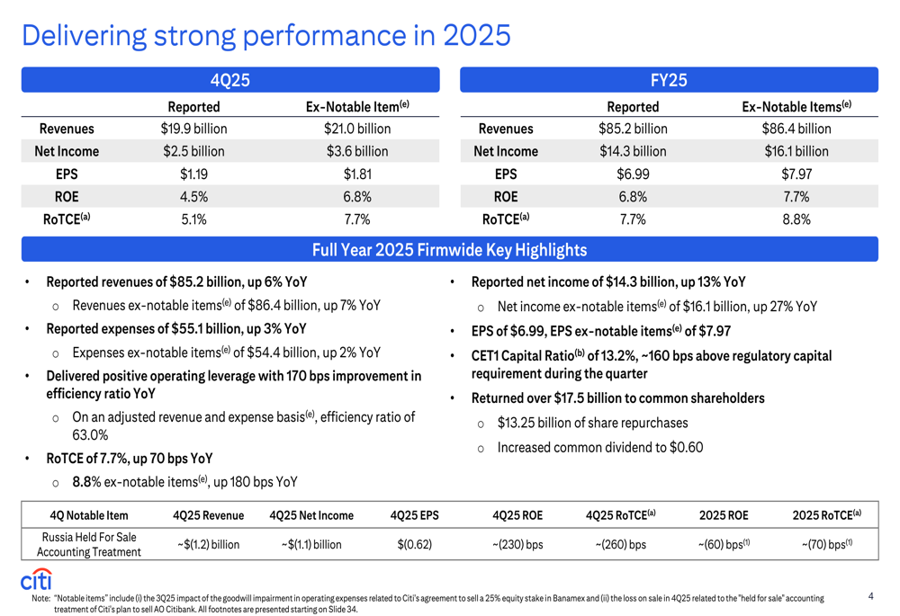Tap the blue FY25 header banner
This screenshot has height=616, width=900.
pyautogui.click(x=669, y=80)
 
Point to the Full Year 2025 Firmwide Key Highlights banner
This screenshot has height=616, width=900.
pyautogui.click(x=449, y=249)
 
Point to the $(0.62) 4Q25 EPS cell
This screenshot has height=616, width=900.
pyautogui.click(x=414, y=544)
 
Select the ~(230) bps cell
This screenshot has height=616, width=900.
pyautogui.click(x=517, y=544)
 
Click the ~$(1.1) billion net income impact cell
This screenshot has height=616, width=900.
pyautogui.click(x=310, y=544)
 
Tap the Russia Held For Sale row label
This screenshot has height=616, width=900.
pyautogui.click(x=88, y=544)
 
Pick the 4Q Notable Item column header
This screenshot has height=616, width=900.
pyautogui.click(x=88, y=515)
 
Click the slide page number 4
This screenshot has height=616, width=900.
pyautogui.click(x=871, y=595)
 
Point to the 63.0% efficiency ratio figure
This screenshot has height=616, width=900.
pyautogui.click(x=90, y=434)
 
